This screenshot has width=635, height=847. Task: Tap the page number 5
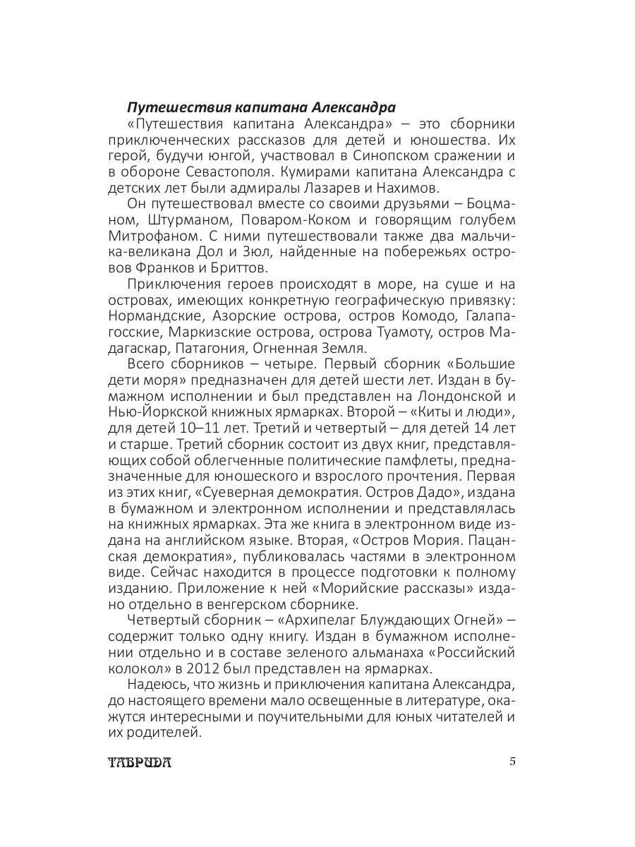(x=513, y=762)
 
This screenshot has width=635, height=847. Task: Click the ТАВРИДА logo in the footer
(x=140, y=762)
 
